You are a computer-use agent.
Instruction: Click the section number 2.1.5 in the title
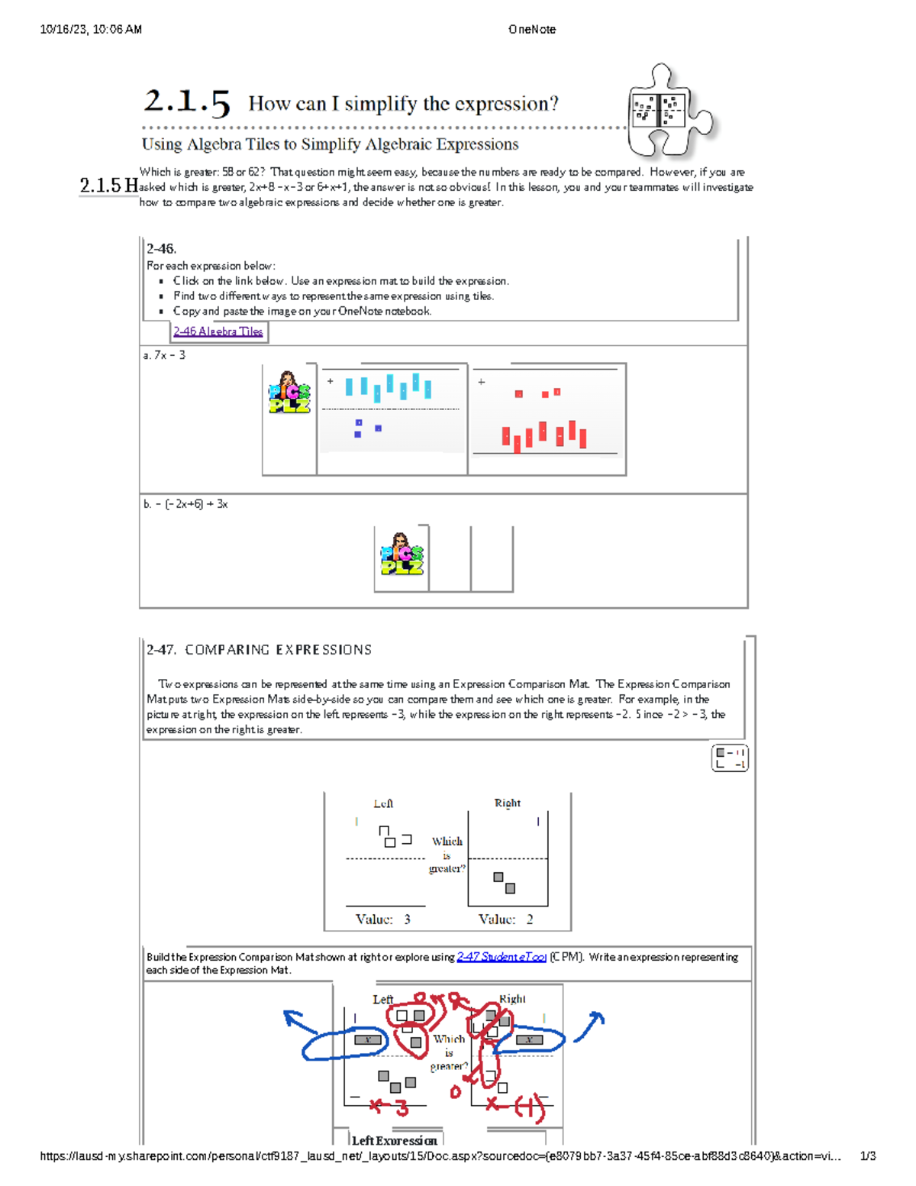(187, 102)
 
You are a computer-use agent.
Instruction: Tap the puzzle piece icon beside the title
(668, 111)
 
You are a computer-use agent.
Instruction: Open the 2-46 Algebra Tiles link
(218, 331)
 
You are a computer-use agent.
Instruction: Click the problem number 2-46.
(161, 249)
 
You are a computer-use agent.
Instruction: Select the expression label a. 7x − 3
(164, 355)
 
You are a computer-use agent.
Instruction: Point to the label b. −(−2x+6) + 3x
(185, 504)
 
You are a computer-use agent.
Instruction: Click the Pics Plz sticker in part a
(289, 393)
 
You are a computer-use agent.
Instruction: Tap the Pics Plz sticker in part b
(402, 555)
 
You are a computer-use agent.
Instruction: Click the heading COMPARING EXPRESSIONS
(278, 650)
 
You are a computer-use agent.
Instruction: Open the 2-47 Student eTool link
(501, 957)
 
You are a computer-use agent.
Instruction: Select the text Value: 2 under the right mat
(505, 919)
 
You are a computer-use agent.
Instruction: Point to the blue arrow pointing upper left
(299, 1021)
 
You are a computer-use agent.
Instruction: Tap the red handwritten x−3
(389, 1106)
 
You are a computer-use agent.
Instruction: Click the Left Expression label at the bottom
(394, 1140)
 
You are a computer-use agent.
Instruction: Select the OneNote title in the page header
(531, 30)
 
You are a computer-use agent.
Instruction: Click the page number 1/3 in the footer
(867, 1156)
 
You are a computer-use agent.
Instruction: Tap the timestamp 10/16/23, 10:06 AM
(91, 30)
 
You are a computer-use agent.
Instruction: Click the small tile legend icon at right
(730, 758)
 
